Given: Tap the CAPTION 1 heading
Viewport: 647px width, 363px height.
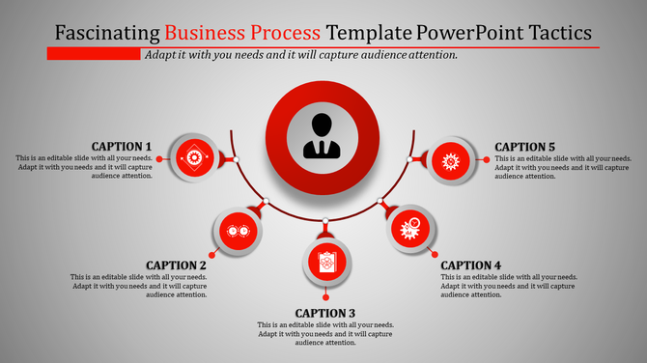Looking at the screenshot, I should click(x=122, y=147).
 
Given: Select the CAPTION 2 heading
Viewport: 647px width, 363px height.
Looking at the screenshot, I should click(x=176, y=265).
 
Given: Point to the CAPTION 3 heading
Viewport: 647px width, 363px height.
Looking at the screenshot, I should click(x=325, y=313).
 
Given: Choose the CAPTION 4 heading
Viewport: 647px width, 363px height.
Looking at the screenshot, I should click(x=471, y=265).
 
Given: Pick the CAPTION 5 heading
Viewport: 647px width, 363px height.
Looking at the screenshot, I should click(x=525, y=147).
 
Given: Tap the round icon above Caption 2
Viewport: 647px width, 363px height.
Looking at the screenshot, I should click(x=236, y=232).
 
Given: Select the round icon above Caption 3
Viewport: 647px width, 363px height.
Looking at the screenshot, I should click(x=325, y=262).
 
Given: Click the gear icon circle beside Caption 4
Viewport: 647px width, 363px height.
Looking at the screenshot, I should click(x=410, y=230).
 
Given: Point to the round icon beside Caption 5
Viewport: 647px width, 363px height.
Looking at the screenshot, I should click(x=450, y=157).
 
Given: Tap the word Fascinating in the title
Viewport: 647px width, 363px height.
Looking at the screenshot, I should click(x=108, y=32).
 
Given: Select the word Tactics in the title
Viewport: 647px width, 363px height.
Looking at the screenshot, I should click(x=556, y=32).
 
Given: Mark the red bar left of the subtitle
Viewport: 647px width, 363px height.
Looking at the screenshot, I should click(x=94, y=54).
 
